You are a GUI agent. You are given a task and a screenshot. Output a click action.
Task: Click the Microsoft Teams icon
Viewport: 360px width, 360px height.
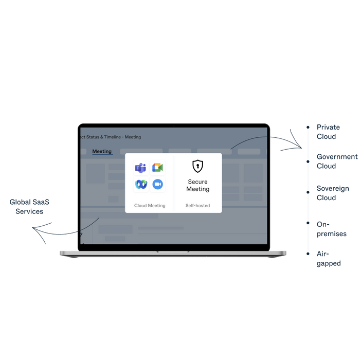click(x=140, y=168)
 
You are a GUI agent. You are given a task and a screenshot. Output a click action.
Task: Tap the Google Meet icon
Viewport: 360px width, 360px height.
click(x=157, y=168)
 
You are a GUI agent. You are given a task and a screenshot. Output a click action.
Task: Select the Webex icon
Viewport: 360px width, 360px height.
click(x=140, y=185)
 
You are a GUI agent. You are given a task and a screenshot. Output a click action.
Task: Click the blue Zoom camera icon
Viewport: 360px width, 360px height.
click(x=157, y=185)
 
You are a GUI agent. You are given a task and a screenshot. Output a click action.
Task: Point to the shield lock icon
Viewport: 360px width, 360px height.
click(x=198, y=166)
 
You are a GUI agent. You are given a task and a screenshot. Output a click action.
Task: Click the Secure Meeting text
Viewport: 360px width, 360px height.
click(x=198, y=185)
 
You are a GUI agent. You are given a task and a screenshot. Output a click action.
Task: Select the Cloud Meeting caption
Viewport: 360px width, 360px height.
click(x=150, y=206)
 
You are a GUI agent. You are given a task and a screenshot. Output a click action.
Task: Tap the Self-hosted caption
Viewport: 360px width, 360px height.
click(x=198, y=206)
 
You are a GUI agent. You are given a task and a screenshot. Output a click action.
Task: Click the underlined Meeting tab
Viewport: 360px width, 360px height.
click(x=102, y=151)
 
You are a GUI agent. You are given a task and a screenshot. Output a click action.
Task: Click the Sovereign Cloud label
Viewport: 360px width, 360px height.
click(x=332, y=193)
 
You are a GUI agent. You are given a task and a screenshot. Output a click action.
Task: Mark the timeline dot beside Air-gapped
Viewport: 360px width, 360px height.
click(x=308, y=254)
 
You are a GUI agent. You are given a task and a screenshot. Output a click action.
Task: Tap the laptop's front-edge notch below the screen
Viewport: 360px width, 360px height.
click(x=173, y=252)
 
